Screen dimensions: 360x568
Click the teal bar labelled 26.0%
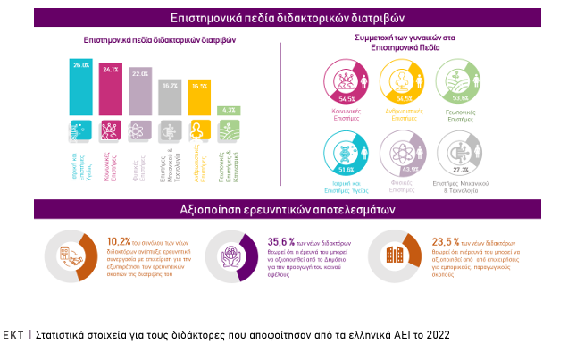pyautogui.click(x=81, y=89)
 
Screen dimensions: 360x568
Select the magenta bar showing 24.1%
pyautogui.click(x=110, y=93)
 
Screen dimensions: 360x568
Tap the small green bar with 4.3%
pyautogui.click(x=229, y=111)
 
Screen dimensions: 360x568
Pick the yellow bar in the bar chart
pyautogui.click(x=198, y=100)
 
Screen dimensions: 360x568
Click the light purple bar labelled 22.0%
pyautogui.click(x=139, y=95)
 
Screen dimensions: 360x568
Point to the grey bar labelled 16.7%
pyautogui.click(x=169, y=100)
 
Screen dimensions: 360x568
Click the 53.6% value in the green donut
pyautogui.click(x=462, y=99)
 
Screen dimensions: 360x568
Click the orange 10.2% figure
pyautogui.click(x=119, y=240)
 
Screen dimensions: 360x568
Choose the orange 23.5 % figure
pyautogui.click(x=445, y=240)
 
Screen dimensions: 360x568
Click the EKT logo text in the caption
pyautogui.click(x=13, y=336)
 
